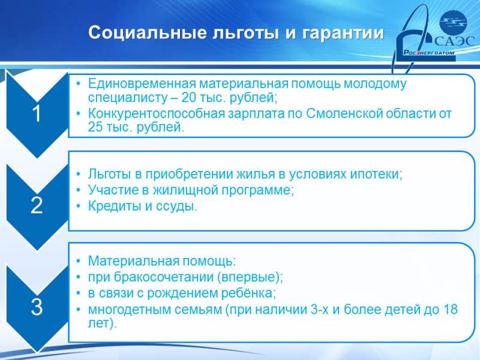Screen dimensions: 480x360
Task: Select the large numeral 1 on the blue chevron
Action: coord(37,113)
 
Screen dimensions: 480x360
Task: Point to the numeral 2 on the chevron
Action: coord(37,205)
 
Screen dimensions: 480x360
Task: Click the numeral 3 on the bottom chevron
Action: coord(37,307)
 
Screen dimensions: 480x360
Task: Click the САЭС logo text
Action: coord(454,41)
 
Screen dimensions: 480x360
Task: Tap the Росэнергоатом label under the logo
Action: coord(428,52)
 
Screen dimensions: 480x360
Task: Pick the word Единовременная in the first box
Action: coord(142,83)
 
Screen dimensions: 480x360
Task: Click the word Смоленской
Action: coord(344,113)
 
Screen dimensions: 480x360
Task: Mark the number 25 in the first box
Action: coord(95,127)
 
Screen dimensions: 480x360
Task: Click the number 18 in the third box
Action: coord(450,309)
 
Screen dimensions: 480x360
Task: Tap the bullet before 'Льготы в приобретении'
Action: coord(79,174)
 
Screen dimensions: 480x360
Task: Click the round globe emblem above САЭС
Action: coord(452,22)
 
